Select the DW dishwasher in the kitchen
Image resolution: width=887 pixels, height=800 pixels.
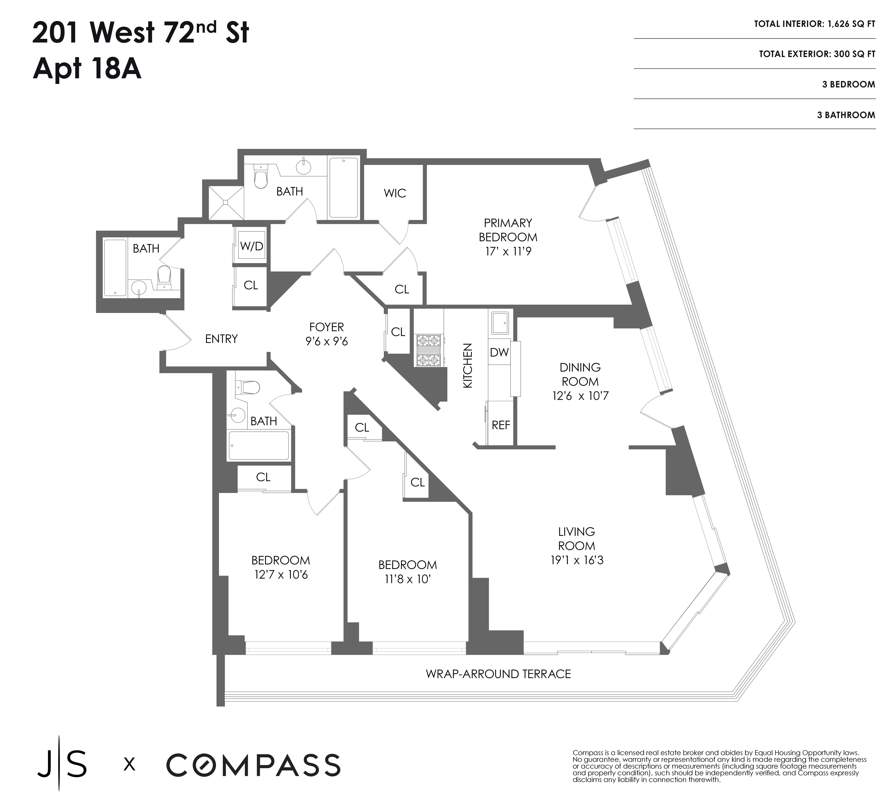(499, 352)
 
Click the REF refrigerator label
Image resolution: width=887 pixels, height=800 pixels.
(501, 425)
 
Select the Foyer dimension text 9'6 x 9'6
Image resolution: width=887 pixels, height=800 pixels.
(327, 342)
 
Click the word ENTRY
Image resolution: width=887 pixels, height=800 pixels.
(221, 339)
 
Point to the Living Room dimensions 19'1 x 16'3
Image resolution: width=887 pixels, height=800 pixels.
(577, 560)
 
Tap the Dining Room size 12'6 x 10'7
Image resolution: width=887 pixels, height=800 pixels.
(580, 396)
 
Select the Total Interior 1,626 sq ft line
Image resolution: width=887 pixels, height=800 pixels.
(814, 24)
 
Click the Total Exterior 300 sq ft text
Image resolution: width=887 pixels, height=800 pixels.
(817, 54)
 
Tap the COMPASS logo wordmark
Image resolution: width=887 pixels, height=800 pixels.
(253, 765)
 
